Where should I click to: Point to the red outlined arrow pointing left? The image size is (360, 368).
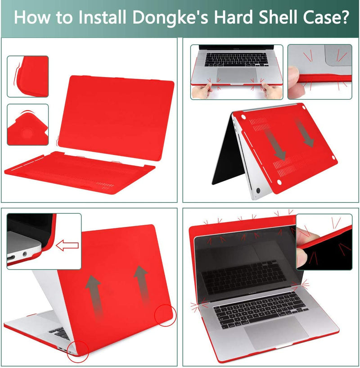click(67, 245)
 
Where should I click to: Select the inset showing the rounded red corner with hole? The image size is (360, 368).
click(27, 124)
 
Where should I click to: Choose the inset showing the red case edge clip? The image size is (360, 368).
click(27, 76)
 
